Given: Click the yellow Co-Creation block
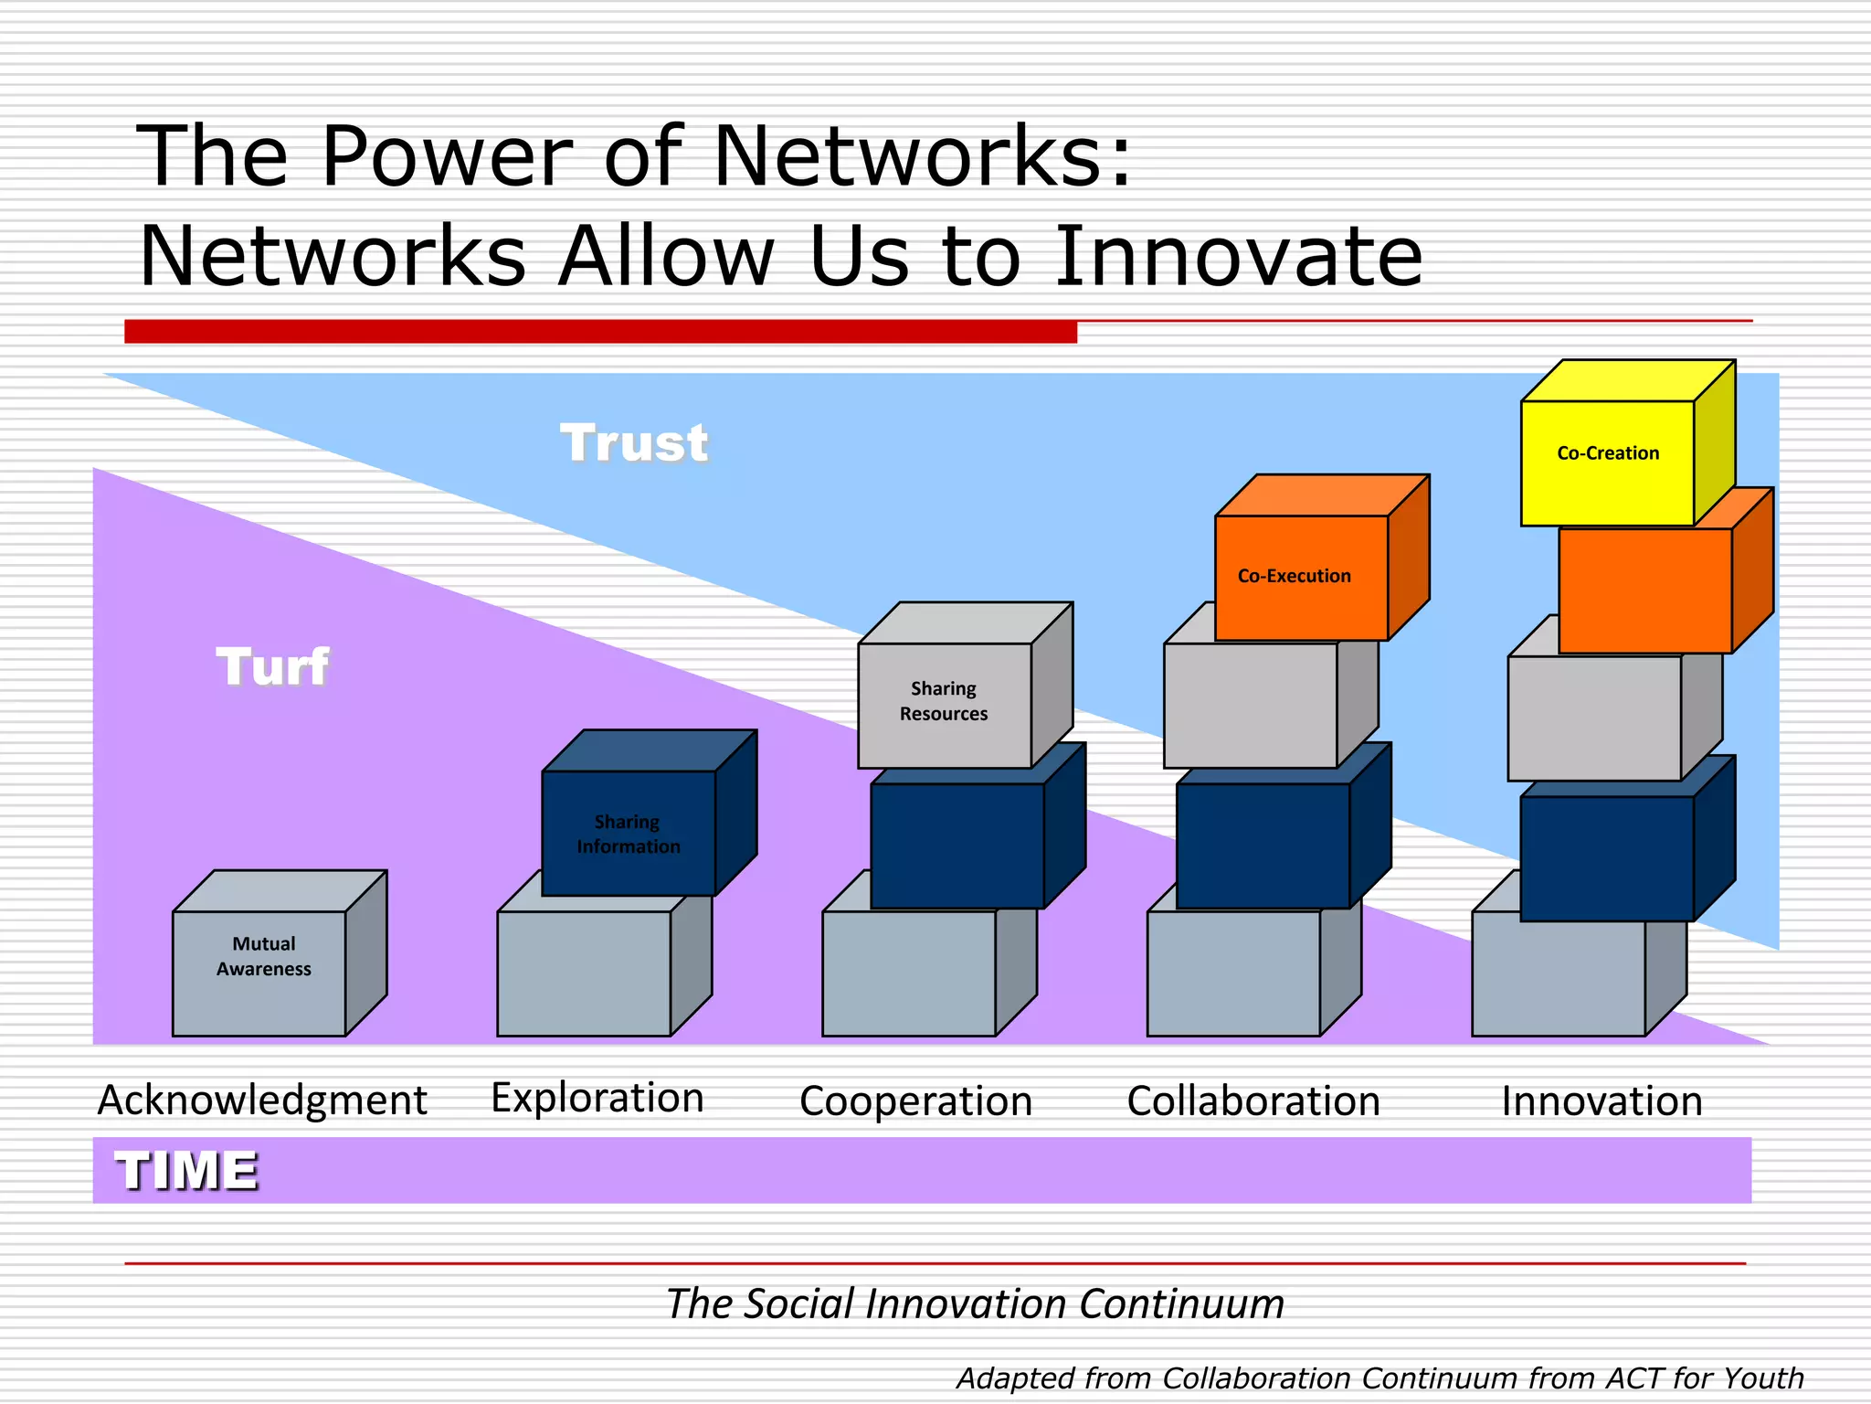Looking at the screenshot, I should click(1608, 463).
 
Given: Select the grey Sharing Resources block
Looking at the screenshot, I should click(945, 704).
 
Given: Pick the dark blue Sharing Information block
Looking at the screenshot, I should click(629, 833).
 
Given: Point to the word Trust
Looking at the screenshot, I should click(634, 443).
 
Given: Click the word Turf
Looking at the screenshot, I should click(272, 666).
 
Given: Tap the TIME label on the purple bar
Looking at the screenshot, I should click(187, 1171).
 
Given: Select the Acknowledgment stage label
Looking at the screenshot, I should click(262, 1100).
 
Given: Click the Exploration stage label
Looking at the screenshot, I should click(597, 1098).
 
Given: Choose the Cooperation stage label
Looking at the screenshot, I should click(915, 1101).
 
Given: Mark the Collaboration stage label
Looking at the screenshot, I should click(1253, 1101).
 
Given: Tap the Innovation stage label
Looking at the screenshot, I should click(1602, 1101).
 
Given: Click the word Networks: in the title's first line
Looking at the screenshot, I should click(923, 157).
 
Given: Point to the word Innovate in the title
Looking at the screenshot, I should click(1239, 257).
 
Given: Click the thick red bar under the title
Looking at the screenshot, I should click(600, 332).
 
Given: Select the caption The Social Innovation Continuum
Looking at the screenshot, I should click(975, 1303).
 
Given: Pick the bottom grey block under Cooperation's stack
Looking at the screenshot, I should click(909, 974).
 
